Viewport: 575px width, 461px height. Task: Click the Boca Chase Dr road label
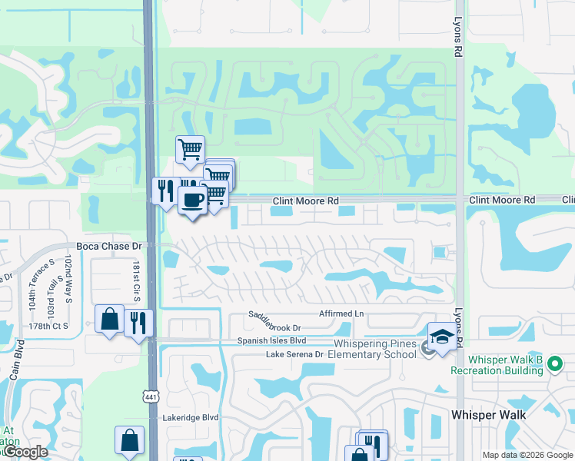pyautogui.click(x=110, y=247)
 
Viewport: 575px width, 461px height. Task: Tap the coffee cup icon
pyautogui.click(x=192, y=201)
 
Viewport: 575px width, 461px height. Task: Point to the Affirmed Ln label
pyautogui.click(x=341, y=313)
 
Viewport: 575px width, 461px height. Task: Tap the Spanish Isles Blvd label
pyautogui.click(x=271, y=340)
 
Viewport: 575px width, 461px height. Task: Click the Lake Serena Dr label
pyautogui.click(x=294, y=354)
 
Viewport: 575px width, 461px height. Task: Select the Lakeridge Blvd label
pyautogui.click(x=191, y=417)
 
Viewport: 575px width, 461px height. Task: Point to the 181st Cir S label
pyautogui.click(x=137, y=281)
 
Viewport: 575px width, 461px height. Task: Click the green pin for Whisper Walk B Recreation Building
pyautogui.click(x=553, y=368)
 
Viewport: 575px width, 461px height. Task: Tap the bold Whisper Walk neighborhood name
pyautogui.click(x=488, y=415)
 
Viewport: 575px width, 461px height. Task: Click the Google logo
pyautogui.click(x=25, y=452)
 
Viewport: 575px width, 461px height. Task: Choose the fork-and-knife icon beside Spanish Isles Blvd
pyautogui.click(x=138, y=322)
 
